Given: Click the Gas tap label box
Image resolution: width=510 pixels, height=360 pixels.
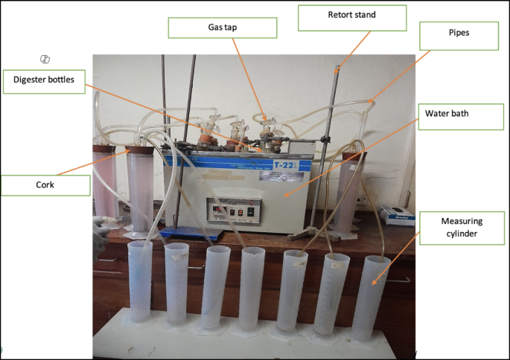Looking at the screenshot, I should (x=222, y=28).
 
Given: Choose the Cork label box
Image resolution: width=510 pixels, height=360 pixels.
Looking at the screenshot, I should (x=45, y=184).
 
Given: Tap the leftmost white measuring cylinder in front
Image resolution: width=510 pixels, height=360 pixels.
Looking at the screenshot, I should (x=140, y=283).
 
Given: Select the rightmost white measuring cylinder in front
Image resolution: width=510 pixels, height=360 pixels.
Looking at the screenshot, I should (x=371, y=298).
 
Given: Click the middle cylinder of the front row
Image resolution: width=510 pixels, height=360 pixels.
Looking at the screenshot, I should (x=252, y=290).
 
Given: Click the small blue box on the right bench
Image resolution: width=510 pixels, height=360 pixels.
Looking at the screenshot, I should (x=395, y=215).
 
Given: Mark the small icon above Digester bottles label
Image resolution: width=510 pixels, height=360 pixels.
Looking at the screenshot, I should (x=45, y=59).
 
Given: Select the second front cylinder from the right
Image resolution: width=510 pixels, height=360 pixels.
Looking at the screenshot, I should (x=331, y=294).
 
